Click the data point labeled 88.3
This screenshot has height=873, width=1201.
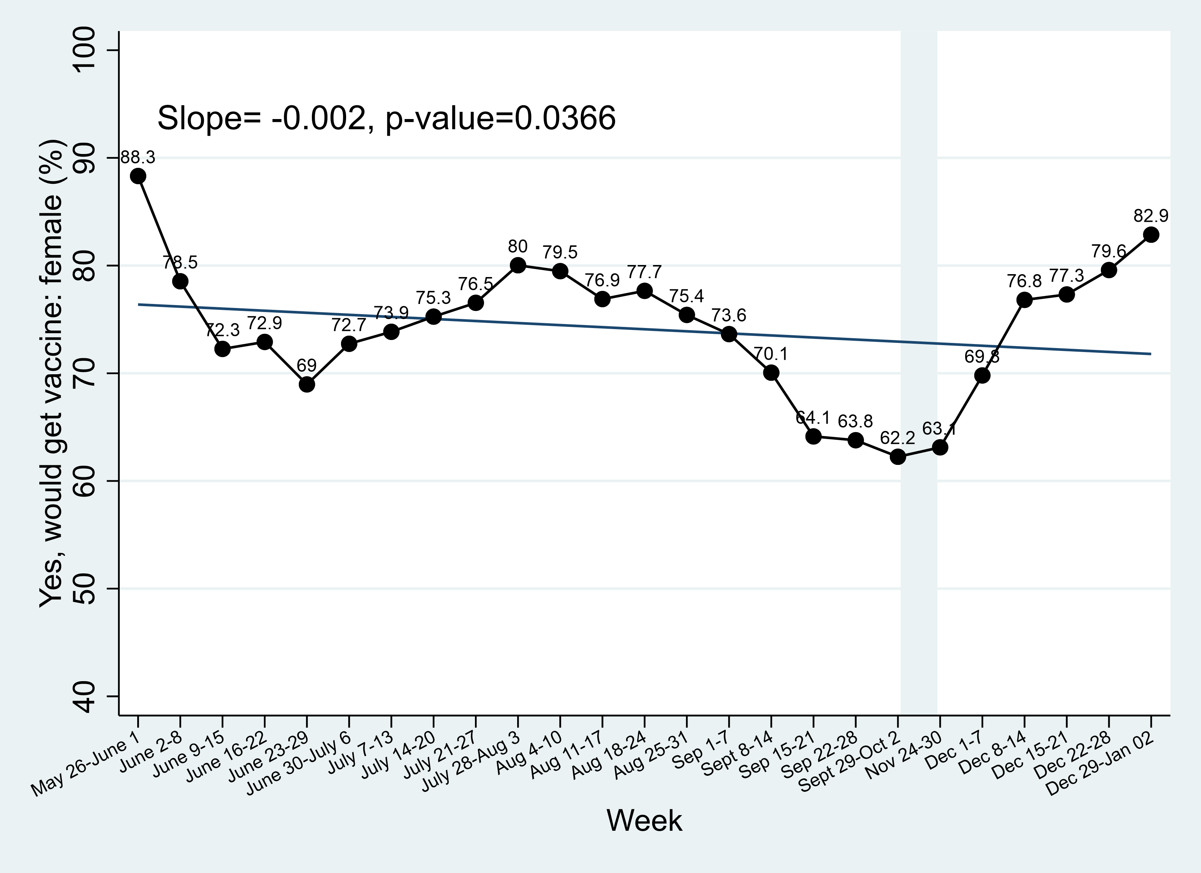click(x=138, y=176)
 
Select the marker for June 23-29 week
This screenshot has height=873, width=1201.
click(x=306, y=384)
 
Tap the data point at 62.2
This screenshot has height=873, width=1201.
click(x=897, y=457)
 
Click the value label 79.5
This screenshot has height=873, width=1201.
click(x=560, y=252)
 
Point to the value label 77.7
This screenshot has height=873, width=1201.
click(x=645, y=272)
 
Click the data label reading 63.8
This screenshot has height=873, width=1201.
click(x=855, y=421)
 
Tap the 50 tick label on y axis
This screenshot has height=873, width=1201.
click(x=84, y=589)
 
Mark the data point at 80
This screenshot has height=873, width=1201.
click(x=518, y=265)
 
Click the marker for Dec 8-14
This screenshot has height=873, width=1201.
click(x=1024, y=300)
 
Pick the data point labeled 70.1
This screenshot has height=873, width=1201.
click(x=771, y=373)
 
